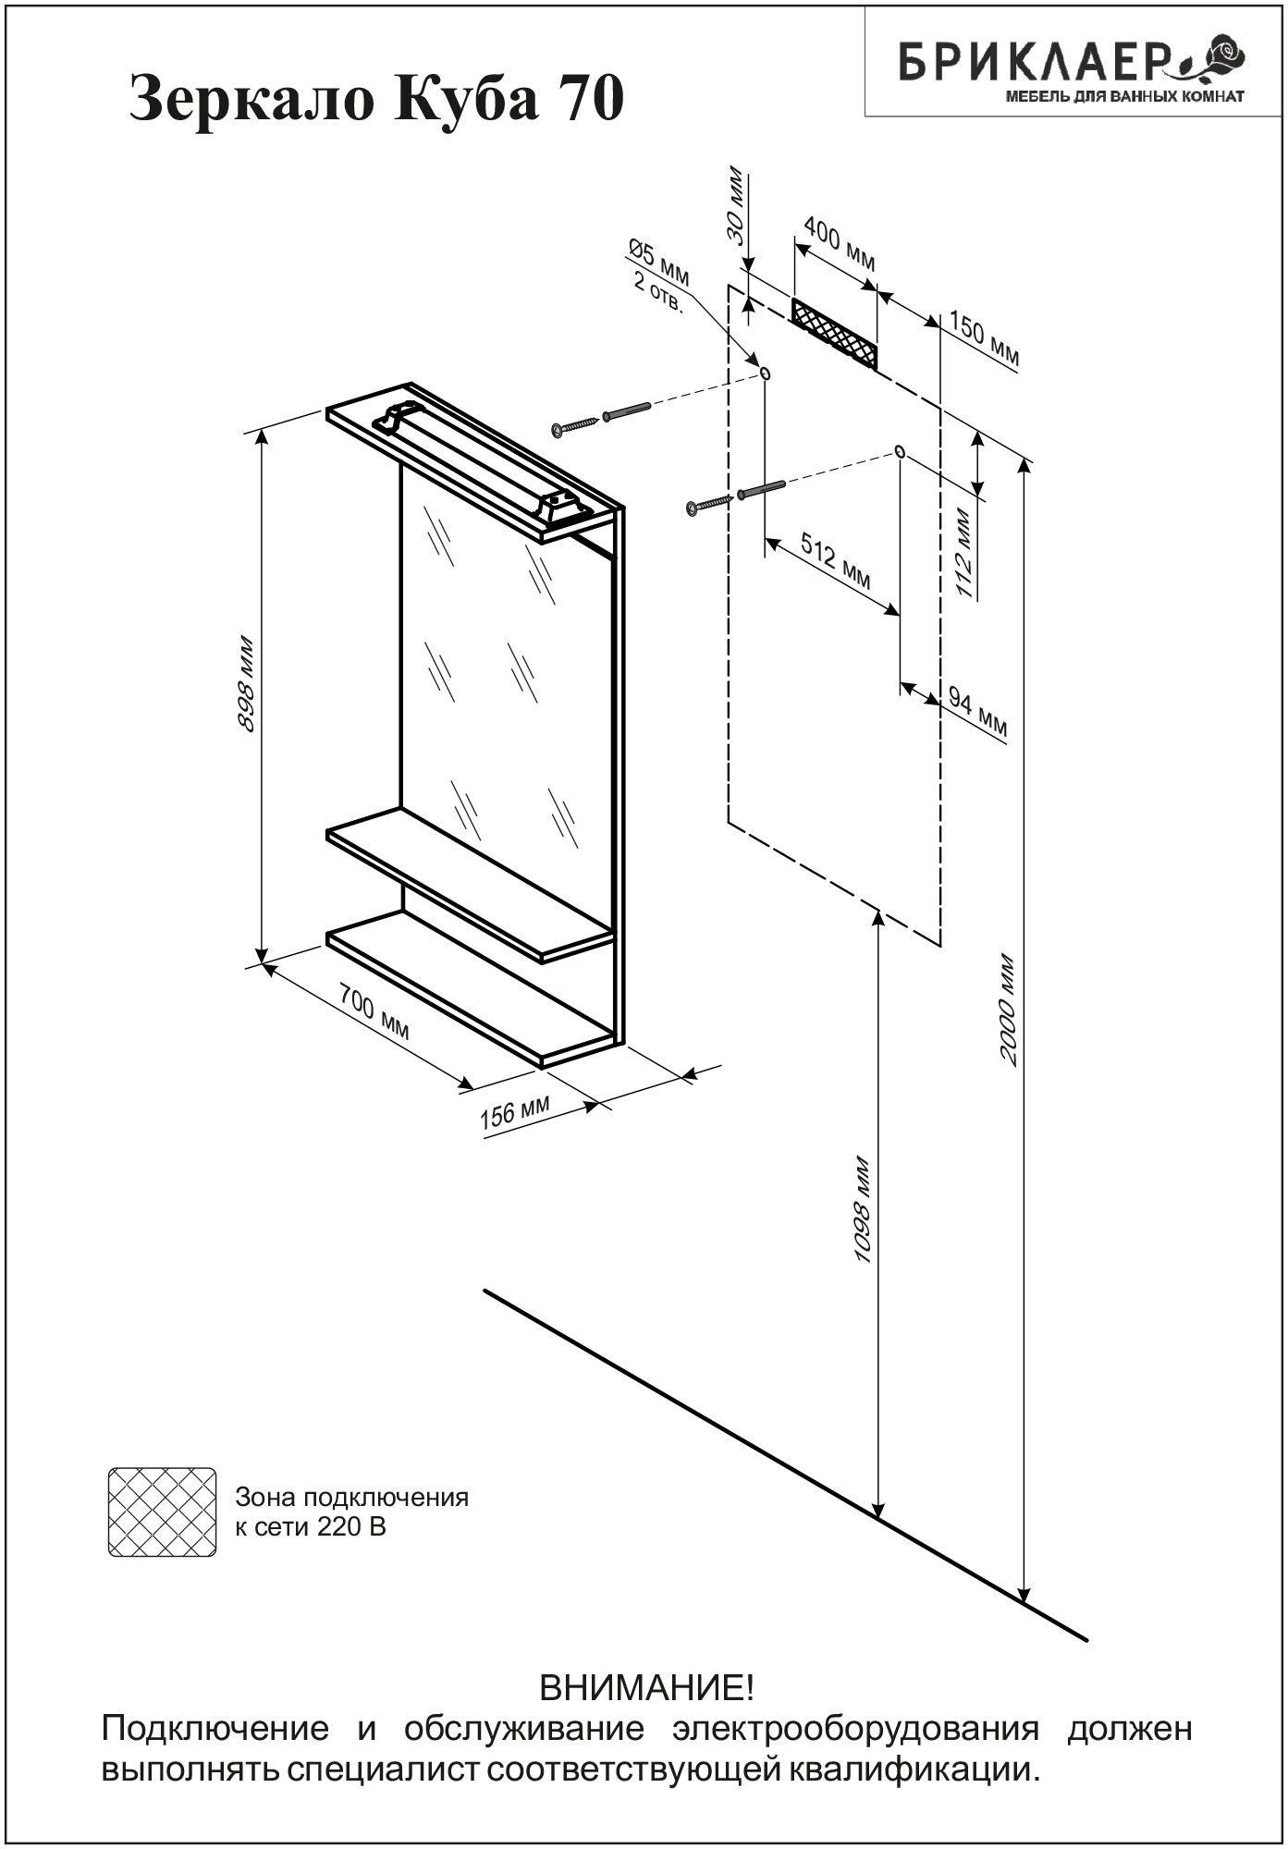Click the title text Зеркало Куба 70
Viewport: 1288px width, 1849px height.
(x=376, y=100)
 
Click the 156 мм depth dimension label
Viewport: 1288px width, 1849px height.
(x=515, y=1114)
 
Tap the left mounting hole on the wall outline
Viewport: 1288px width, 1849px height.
(x=765, y=372)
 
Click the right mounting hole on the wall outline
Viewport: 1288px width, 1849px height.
(x=899, y=451)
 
